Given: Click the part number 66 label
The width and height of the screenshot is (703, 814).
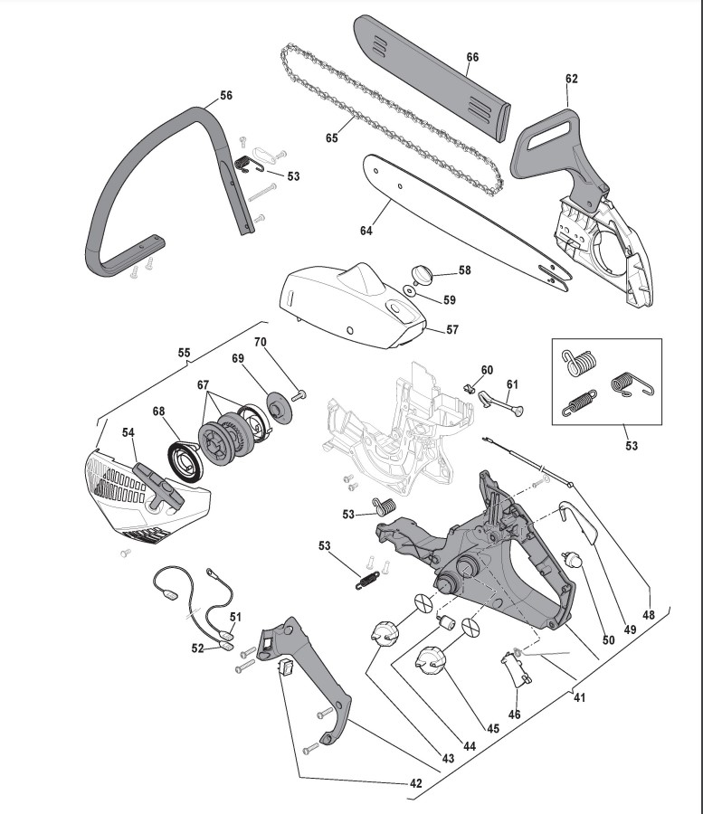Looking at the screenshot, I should [x=471, y=57].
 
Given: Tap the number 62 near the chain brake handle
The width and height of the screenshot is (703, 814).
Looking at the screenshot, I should [x=571, y=79].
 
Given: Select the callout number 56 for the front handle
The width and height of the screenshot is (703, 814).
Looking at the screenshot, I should [x=226, y=95].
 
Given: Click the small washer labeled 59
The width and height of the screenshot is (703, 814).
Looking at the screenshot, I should [x=409, y=291].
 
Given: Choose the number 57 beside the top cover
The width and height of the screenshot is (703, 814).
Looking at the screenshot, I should [x=452, y=330].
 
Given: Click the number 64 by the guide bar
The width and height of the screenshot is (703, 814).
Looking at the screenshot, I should [x=366, y=231].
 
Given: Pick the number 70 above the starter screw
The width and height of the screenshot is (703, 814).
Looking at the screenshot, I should [x=261, y=342].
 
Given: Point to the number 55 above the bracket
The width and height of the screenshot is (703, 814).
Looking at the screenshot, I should [x=184, y=351].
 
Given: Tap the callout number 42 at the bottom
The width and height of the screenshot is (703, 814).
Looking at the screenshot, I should [x=415, y=784].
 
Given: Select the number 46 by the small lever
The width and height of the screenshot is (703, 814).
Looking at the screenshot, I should [x=515, y=715].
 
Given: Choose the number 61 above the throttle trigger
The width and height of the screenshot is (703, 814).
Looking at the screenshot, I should [x=512, y=384].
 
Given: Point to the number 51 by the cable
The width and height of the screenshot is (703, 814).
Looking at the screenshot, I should [x=235, y=617].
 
